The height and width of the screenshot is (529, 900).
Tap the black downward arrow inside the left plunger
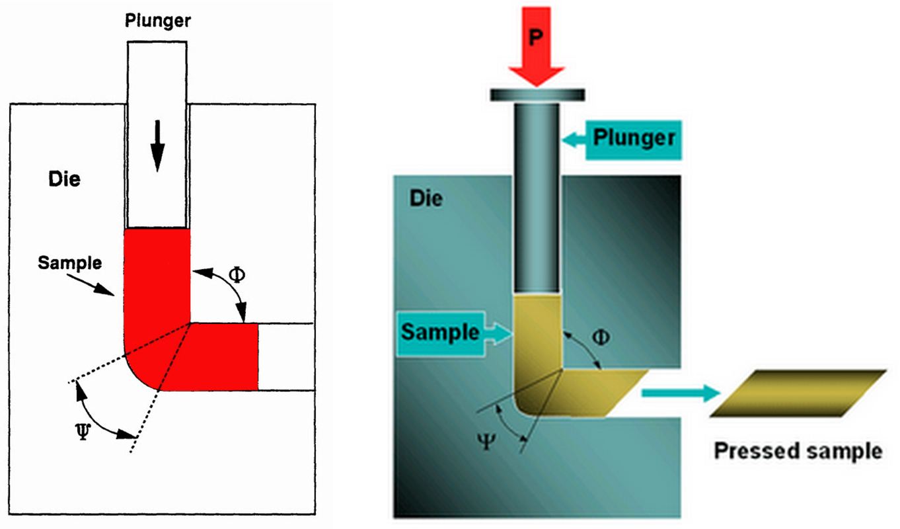[157, 146]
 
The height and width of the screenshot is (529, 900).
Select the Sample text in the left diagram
[69, 263]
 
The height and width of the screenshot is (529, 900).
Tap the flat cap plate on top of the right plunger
[537, 95]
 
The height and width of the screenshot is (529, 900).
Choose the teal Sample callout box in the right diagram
[440, 332]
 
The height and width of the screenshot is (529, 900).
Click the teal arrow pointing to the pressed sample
[681, 394]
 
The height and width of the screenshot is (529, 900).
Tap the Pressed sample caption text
[798, 451]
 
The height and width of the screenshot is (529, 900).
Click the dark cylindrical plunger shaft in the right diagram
[537, 198]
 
